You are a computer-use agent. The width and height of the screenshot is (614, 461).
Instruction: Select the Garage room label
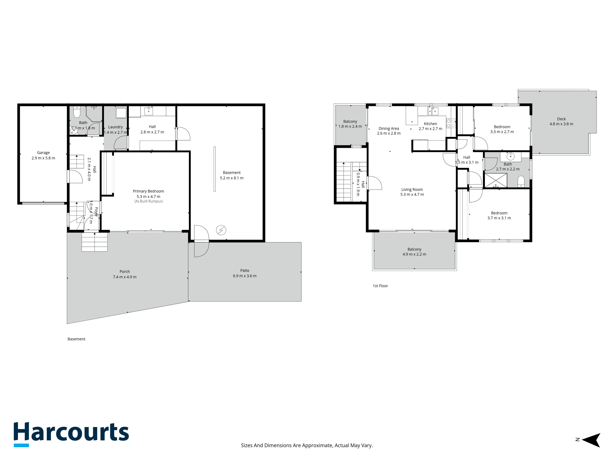click(x=43, y=153)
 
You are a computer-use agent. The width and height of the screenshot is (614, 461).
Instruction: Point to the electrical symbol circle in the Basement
click(x=221, y=230)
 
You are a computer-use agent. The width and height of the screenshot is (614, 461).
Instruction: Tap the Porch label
click(x=125, y=272)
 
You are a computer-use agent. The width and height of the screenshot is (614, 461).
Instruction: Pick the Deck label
click(x=561, y=119)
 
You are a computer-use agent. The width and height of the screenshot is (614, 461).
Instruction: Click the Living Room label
click(x=412, y=189)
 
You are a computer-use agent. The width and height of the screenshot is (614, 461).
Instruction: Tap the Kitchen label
click(x=430, y=124)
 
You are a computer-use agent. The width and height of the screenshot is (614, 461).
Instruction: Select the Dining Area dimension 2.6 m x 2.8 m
click(x=389, y=133)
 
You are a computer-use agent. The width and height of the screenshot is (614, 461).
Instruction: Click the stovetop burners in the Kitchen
click(x=451, y=123)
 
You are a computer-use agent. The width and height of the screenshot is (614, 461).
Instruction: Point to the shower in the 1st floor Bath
click(x=496, y=180)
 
